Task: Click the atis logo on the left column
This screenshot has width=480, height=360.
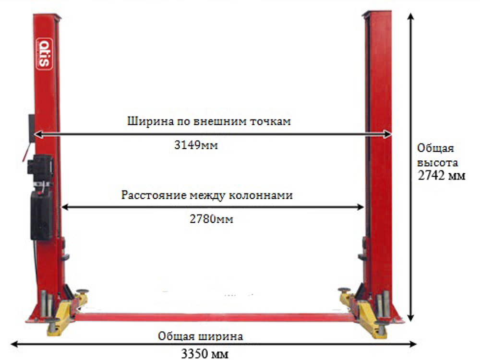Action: coord(44,54)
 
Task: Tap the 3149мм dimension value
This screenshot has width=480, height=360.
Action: coord(196,145)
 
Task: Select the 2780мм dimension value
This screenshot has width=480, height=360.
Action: coord(211,219)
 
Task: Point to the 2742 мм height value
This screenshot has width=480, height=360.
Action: coord(442,176)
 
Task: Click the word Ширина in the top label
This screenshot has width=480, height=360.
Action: coord(149,121)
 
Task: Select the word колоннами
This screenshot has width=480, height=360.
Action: coord(266,196)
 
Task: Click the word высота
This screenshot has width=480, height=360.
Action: coord(437,162)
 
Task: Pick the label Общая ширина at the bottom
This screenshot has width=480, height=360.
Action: coord(200,336)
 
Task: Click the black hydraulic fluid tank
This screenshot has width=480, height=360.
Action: coord(42,215)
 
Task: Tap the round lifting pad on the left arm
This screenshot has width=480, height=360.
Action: coord(82,291)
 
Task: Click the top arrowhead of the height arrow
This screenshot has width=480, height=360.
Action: coord(411,16)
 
